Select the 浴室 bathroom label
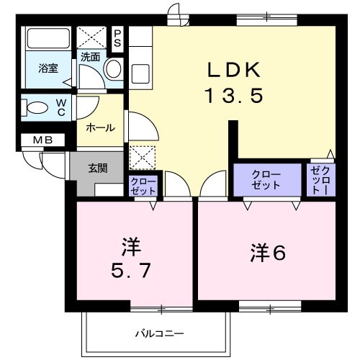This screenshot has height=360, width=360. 48,69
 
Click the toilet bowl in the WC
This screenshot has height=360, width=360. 35,108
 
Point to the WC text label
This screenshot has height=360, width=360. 61,107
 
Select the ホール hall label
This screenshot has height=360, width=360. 99,127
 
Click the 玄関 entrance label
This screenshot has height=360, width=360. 98,168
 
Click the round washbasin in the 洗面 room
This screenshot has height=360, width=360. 114,69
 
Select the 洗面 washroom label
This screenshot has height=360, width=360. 90,56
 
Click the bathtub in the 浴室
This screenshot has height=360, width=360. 48,40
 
